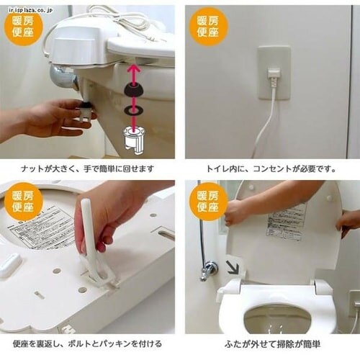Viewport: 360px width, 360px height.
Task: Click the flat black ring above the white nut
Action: coord(133,110)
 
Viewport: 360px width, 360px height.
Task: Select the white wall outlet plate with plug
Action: coord(274,73)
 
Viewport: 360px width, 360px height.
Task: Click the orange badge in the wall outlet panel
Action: coord(209,26)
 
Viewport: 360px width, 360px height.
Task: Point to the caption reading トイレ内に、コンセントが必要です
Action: coord(271,168)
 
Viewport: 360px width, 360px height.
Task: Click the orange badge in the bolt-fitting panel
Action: coord(23,201)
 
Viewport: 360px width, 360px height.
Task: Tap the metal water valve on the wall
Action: coord(209,270)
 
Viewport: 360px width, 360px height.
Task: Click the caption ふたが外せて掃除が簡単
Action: coord(271,343)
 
